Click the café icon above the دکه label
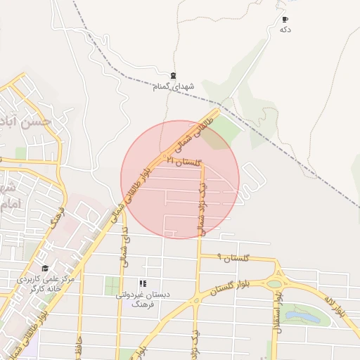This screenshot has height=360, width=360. [x=285, y=19]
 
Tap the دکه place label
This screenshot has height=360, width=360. [x=285, y=30]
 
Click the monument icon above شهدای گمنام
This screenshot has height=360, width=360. [x=173, y=76]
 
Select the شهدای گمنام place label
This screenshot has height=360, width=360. [x=173, y=86]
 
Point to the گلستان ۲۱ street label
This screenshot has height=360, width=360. [x=184, y=162]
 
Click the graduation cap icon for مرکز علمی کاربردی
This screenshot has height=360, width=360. [x=45, y=269]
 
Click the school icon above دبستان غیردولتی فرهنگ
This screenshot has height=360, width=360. [x=143, y=283]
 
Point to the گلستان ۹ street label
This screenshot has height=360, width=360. [x=233, y=259]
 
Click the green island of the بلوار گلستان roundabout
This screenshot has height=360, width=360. [x=274, y=284]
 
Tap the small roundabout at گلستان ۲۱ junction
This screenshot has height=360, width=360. [x=165, y=156]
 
